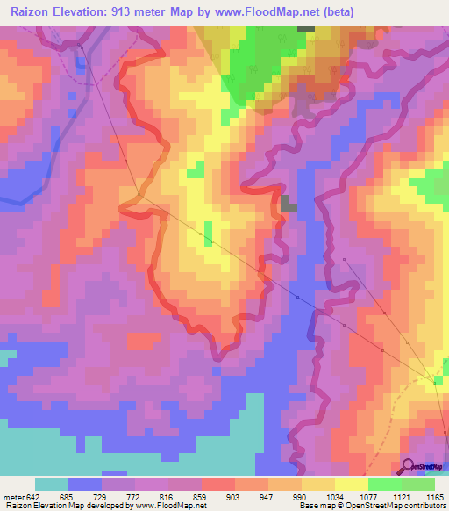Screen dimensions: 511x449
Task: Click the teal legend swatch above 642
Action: click(52, 484)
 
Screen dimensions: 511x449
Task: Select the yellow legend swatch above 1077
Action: click(352, 484)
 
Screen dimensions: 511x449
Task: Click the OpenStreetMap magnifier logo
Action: click(407, 466)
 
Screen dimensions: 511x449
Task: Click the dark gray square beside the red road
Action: click(289, 205)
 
